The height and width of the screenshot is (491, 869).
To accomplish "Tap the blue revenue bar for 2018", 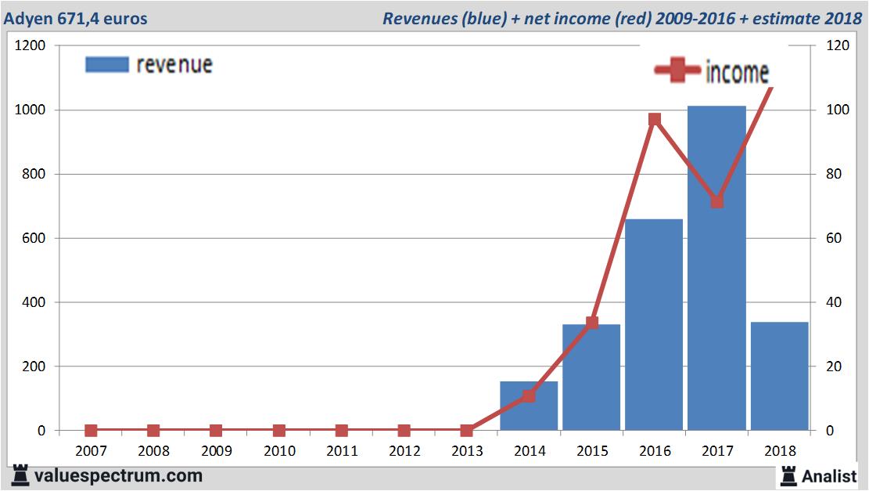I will click(779, 376).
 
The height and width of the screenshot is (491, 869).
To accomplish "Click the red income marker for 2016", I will click(655, 119).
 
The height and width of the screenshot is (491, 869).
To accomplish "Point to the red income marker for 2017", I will click(717, 201).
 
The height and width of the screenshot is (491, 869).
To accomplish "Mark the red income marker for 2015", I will click(592, 322).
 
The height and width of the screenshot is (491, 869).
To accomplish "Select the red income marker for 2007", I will click(91, 430).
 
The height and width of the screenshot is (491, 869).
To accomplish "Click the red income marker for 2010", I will click(279, 430).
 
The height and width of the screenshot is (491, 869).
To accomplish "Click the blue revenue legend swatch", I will click(106, 64).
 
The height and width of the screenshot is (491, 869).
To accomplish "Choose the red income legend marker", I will click(677, 71).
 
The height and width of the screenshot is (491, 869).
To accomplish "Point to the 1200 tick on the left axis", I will click(31, 45).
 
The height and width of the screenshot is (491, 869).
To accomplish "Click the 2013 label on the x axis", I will click(467, 451).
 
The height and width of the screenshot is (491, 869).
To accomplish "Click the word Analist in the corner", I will click(829, 475).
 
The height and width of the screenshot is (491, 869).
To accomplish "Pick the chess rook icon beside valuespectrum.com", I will click(20, 475).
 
